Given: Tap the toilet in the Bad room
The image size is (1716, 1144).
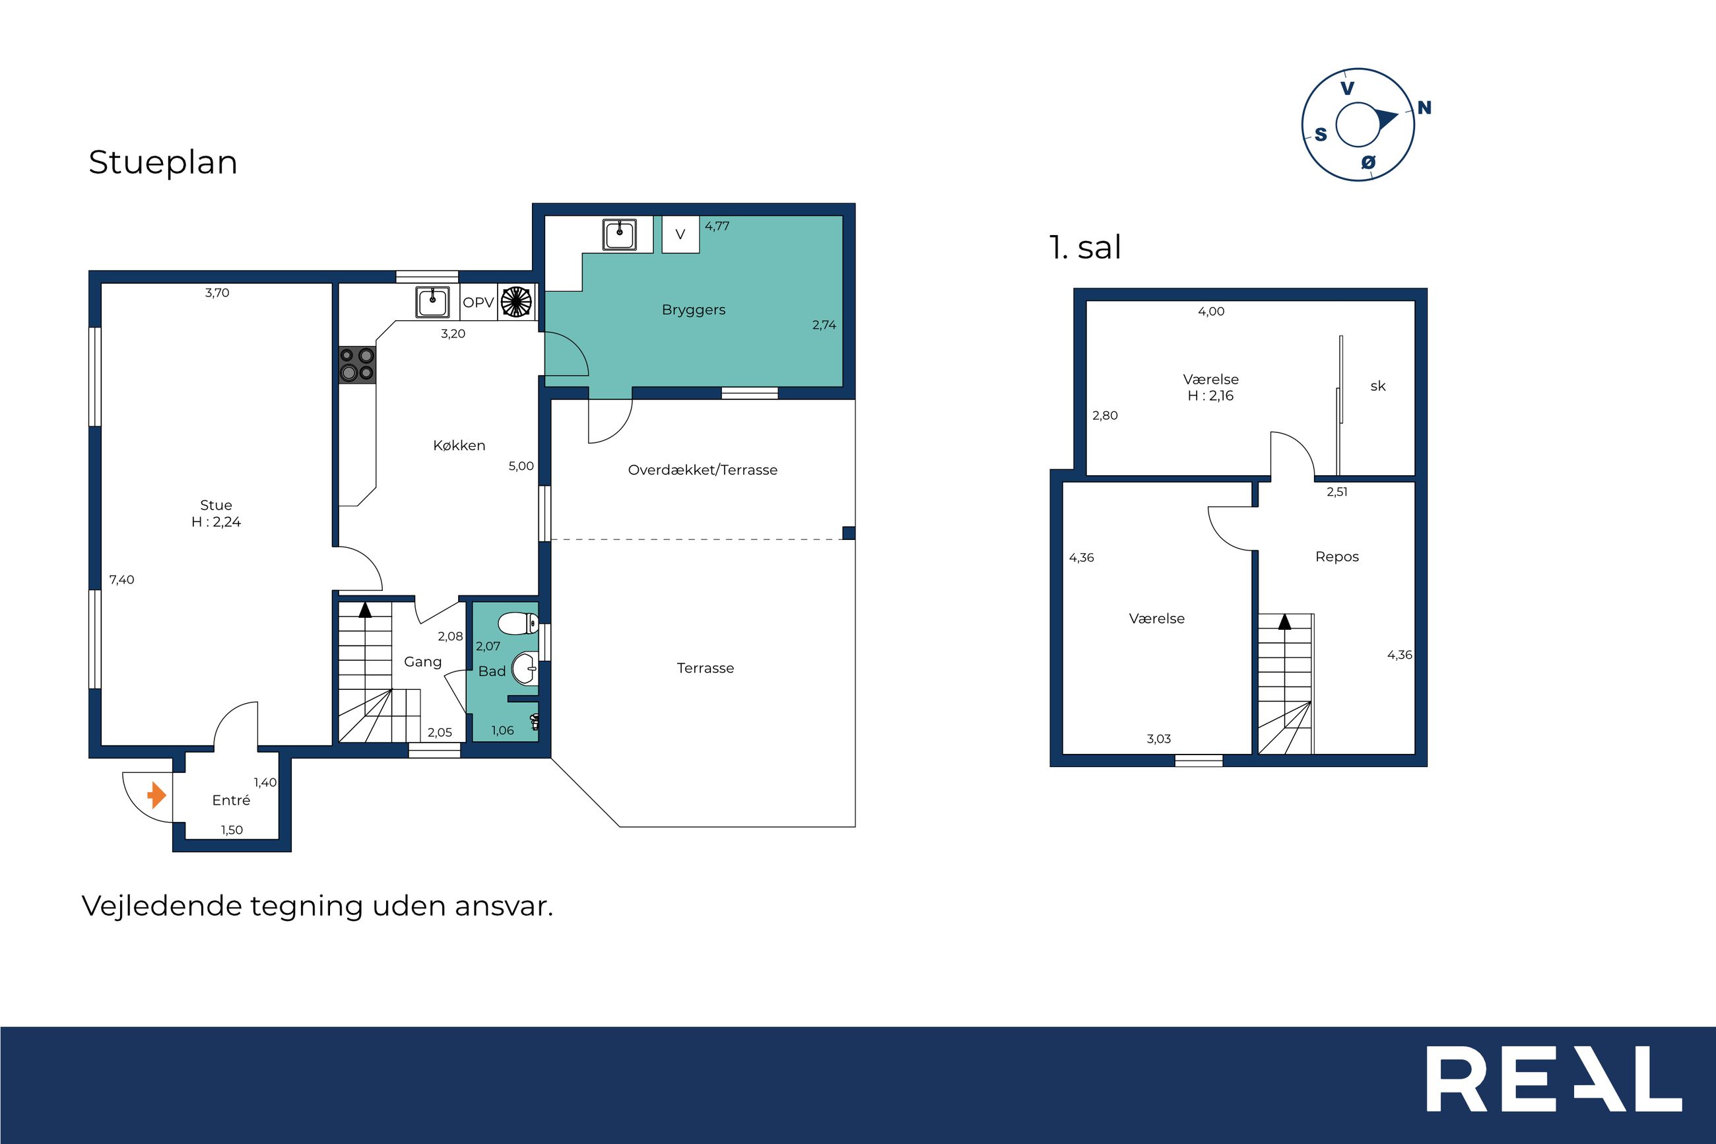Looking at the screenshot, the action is [518, 624].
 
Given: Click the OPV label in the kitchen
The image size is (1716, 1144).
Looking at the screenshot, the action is [478, 302].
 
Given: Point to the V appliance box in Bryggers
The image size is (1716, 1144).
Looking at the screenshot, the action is [680, 234].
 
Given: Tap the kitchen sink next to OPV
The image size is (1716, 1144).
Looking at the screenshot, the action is [432, 303].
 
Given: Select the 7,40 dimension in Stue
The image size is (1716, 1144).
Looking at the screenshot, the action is [122, 580].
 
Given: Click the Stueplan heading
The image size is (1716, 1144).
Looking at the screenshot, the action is [162, 162].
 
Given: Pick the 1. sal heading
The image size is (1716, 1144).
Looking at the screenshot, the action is [1085, 248].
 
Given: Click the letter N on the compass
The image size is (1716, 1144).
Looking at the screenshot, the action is [1424, 108].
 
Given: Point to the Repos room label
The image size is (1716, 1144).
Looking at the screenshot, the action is [1336, 556].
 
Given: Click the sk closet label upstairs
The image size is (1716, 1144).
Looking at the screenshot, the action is [1377, 386].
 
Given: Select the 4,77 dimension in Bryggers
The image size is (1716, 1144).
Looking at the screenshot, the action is [717, 226].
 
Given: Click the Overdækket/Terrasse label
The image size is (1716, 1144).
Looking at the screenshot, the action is [702, 470].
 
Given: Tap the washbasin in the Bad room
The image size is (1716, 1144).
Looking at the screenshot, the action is [524, 668].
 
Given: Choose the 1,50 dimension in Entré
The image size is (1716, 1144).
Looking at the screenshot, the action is [232, 830].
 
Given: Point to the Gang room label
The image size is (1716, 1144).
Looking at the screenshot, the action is [423, 661].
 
